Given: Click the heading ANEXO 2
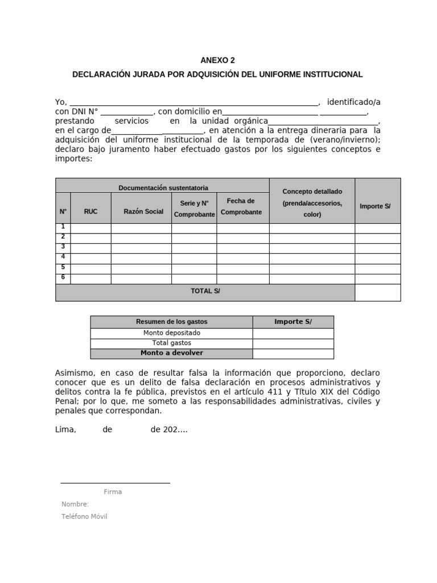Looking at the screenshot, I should click(217, 60).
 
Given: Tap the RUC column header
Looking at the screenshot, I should click(90, 211).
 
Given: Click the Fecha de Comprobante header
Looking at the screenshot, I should click(242, 207).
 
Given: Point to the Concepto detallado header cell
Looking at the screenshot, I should click(312, 203).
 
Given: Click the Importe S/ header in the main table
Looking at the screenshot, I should click(375, 206).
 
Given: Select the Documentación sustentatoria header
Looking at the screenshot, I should click(163, 187).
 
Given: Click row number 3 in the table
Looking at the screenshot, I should click(63, 247).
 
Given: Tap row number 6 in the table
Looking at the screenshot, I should click(63, 277).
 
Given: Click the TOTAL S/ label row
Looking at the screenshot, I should click(205, 291).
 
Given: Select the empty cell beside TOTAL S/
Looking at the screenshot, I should click(378, 292).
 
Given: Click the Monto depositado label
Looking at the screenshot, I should click(172, 333).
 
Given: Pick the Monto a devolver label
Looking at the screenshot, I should click(172, 353).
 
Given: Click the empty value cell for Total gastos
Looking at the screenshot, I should click(293, 343).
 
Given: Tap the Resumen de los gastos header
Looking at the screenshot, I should click(172, 322).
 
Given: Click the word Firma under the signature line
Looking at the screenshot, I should click(113, 492).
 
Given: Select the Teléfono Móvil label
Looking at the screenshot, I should click(84, 516).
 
